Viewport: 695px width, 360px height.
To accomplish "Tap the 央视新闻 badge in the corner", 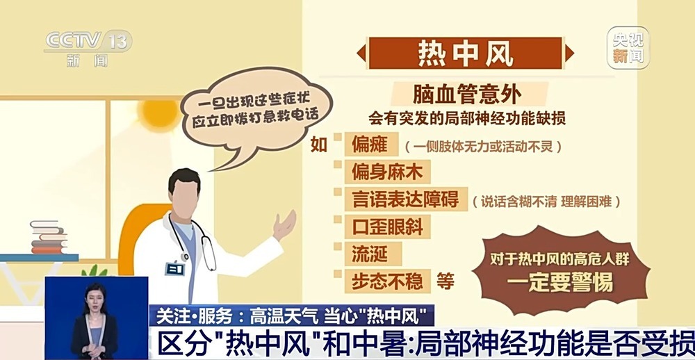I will [628, 47].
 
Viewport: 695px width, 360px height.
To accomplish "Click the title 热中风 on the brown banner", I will [465, 53].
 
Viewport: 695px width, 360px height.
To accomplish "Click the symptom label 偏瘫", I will [370, 147].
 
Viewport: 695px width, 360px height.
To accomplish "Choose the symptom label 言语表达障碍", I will [402, 200].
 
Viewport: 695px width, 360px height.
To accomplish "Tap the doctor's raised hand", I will [284, 224].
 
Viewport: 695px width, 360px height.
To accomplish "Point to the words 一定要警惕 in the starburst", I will [559, 284].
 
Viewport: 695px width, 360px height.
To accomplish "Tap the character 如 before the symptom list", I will [318, 146].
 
